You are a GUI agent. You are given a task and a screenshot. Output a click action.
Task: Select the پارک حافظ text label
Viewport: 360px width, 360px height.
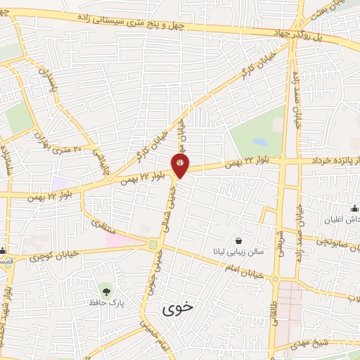click(105, 303)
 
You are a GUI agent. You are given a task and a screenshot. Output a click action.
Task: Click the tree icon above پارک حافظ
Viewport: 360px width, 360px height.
click(105, 290)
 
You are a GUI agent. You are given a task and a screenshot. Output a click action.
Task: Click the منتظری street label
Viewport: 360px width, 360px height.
click(103, 224)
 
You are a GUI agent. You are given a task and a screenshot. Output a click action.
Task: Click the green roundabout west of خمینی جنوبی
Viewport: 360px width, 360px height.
click(153, 245)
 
